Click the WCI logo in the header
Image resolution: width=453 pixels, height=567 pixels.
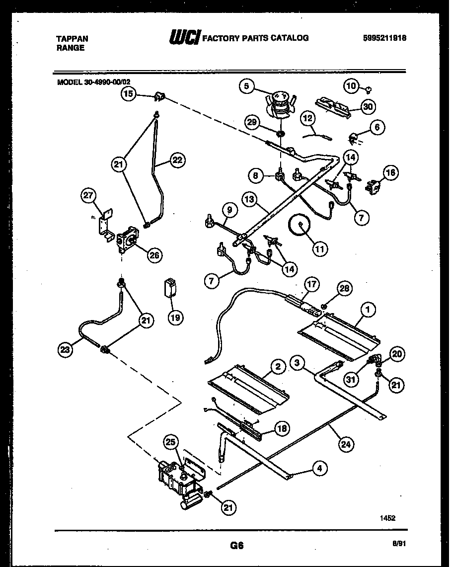click(185, 37)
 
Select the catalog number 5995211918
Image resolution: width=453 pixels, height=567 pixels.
click(385, 38)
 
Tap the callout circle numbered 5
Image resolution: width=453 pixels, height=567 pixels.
click(245, 86)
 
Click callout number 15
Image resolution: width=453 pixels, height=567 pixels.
click(129, 93)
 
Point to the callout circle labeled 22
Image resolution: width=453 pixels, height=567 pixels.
click(176, 160)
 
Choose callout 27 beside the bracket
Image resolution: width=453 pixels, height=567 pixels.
click(88, 196)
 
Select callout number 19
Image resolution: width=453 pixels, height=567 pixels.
click(174, 317)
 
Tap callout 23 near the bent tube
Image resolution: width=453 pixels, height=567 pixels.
click(65, 349)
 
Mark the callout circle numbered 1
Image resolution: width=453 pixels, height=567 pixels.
click(368, 310)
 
